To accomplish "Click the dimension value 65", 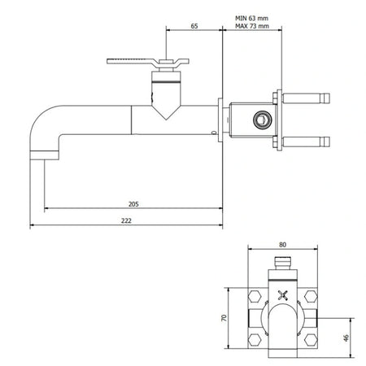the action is [x=194, y=26].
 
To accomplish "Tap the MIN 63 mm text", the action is [x=251, y=18].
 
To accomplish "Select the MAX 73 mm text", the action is [x=252, y=26].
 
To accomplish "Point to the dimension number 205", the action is [x=133, y=204].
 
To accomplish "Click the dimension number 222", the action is [x=126, y=220].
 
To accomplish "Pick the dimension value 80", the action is [x=282, y=245].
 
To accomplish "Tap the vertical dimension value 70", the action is [x=224, y=318].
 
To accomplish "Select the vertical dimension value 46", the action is [x=346, y=338].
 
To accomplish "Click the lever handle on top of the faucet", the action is [x=148, y=62].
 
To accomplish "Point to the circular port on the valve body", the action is [x=262, y=119].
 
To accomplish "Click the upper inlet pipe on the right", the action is [x=306, y=98].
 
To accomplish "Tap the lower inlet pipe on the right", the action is [x=306, y=142].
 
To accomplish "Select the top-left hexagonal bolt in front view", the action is [x=255, y=296].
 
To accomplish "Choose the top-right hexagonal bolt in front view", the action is [x=311, y=296].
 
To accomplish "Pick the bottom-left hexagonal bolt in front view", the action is [x=255, y=340].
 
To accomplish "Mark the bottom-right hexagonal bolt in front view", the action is [x=311, y=340].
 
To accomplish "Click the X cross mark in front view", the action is [x=283, y=295].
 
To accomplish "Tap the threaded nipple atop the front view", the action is [x=283, y=263].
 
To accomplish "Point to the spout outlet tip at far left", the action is [x=44, y=155].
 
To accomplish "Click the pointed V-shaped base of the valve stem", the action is [x=166, y=112].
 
